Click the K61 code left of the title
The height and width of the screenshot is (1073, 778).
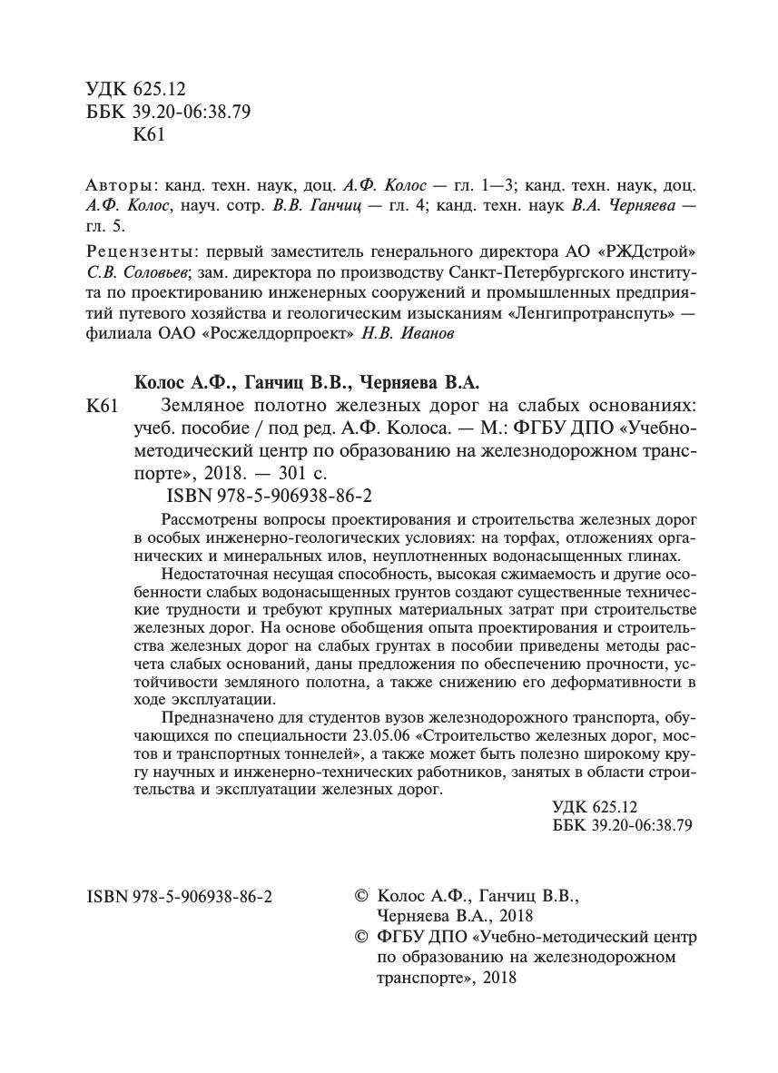(x=102, y=406)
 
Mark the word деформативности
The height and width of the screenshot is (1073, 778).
(x=597, y=681)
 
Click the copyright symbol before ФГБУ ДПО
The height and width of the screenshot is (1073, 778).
(x=361, y=937)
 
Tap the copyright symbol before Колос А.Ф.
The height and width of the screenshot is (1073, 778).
(x=361, y=895)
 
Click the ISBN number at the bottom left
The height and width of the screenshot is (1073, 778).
(x=181, y=895)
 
